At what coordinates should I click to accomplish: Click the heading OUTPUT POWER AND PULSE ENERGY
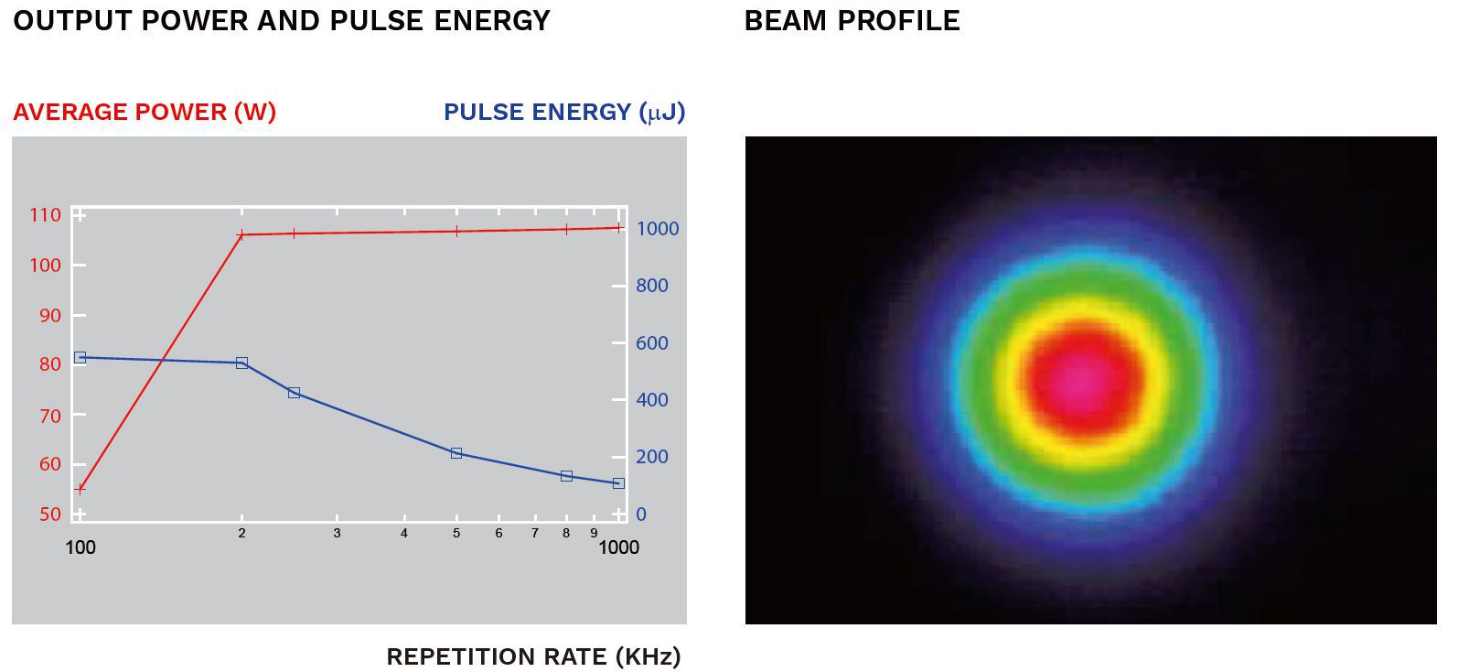(282, 21)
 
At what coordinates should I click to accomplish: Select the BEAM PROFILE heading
(852, 21)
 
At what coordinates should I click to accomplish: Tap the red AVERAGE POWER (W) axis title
(145, 112)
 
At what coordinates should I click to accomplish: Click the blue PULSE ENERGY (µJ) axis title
(563, 112)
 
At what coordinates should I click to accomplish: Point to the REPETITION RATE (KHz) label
(533, 656)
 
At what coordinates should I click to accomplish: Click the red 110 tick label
(46, 215)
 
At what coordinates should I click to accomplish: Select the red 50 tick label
(49, 515)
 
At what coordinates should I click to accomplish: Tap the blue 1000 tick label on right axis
(658, 229)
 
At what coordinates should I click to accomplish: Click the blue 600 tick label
(652, 343)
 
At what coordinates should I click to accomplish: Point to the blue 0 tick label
(641, 515)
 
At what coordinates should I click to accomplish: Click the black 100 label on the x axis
(80, 547)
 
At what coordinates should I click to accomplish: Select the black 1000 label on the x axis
(618, 547)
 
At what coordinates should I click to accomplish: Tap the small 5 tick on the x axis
(456, 533)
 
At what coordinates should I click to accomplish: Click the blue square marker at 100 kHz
(80, 357)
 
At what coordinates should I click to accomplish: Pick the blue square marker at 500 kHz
(456, 453)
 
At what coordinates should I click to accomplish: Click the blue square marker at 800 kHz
(566, 476)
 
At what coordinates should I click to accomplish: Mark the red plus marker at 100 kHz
(80, 489)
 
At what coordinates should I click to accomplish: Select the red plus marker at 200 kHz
(241, 235)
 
